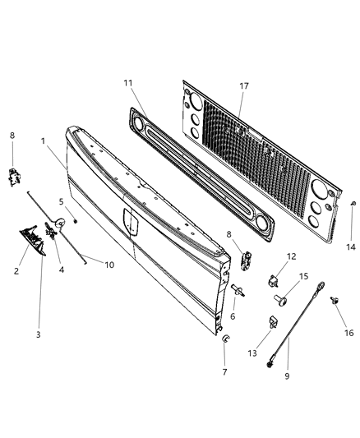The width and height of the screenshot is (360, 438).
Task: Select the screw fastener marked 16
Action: [335, 302]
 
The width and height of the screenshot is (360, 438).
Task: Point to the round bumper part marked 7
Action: [224, 339]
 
